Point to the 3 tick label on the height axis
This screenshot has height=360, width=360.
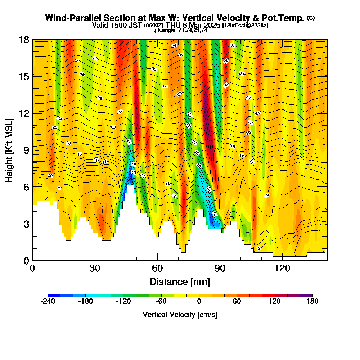[x=26, y=224]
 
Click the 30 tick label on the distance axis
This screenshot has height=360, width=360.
[x=95, y=268]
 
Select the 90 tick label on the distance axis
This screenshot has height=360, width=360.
[x=220, y=268]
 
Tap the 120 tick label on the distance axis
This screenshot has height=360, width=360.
[x=283, y=268]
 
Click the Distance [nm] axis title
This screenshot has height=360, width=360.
[x=180, y=282]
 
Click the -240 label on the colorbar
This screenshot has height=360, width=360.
[x=48, y=302]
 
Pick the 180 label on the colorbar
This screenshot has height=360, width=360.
[x=312, y=302]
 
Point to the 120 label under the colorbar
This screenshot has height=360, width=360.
[x=274, y=302]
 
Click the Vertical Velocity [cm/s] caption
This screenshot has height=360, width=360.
[x=180, y=315]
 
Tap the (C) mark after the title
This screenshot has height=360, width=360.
[x=311, y=18]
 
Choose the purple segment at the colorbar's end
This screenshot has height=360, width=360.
[x=309, y=295]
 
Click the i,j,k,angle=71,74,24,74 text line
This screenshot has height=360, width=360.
[x=180, y=30]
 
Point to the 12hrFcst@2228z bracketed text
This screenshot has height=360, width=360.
[x=245, y=25]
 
